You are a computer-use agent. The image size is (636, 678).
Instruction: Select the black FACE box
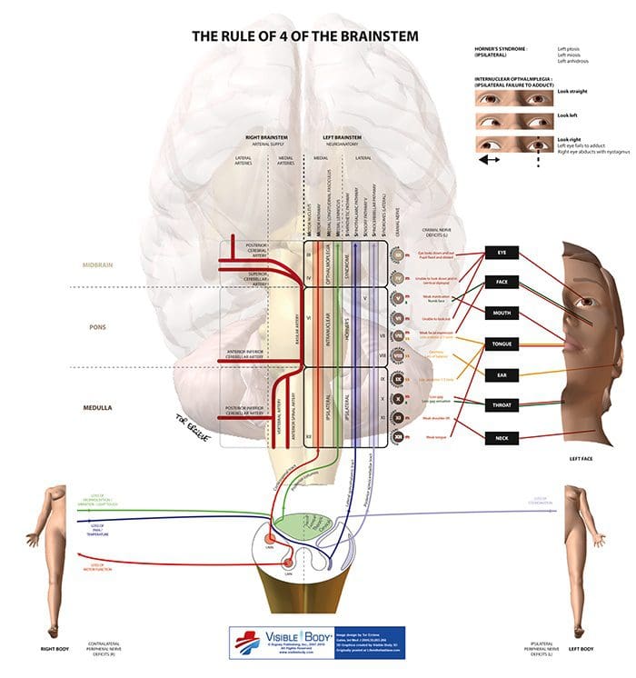(x=502, y=282)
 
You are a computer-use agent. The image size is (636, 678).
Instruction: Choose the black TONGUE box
(x=502, y=344)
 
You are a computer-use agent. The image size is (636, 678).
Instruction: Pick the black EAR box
(x=502, y=374)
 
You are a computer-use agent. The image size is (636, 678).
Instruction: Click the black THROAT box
(x=502, y=406)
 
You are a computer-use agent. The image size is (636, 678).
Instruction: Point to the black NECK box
(x=502, y=438)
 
